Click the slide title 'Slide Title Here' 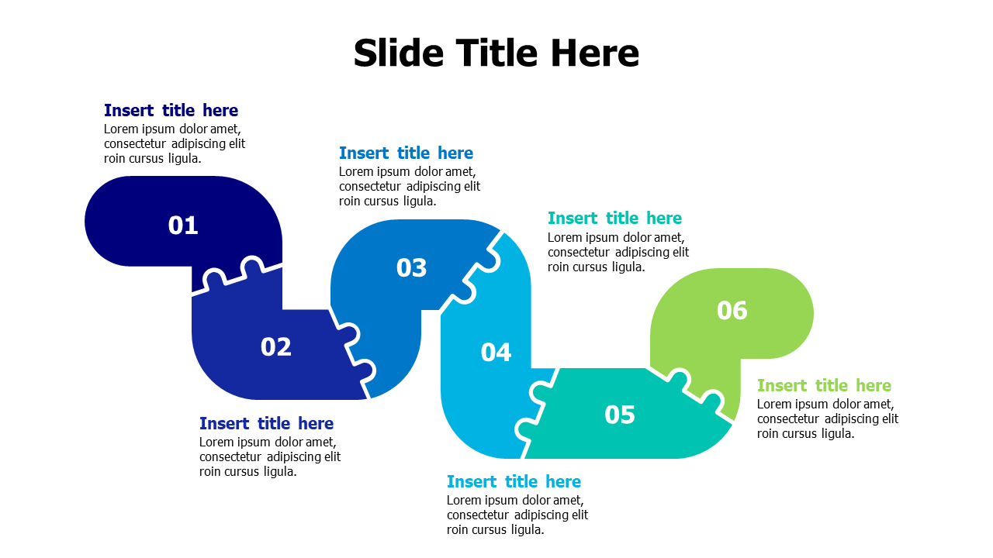496,53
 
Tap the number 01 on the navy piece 183,226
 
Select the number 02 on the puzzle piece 276,347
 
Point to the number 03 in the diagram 412,268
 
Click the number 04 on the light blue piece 496,353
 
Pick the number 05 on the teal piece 620,415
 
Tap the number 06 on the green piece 732,311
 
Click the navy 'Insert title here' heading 171,110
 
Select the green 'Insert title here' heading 824,385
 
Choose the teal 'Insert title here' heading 614,218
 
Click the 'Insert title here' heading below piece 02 266,423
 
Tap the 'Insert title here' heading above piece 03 406,153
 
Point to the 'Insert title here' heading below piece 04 514,481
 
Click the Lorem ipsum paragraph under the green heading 827,418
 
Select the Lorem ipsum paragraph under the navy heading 174,143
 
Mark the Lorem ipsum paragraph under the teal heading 618,252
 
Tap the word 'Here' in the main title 595,53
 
